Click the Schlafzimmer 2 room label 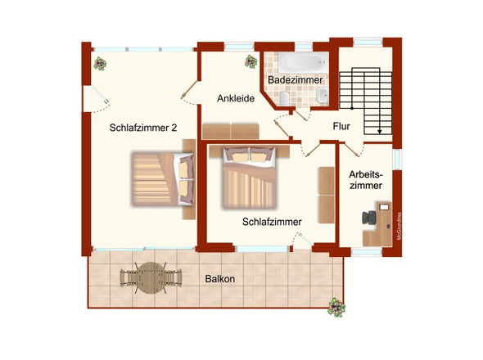click(143, 128)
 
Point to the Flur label click(342, 127)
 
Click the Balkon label click(219, 279)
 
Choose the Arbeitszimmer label click(364, 180)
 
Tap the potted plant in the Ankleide click(251, 60)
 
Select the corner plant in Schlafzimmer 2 click(101, 62)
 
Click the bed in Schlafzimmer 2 click(162, 178)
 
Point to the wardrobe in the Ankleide click(231, 131)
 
